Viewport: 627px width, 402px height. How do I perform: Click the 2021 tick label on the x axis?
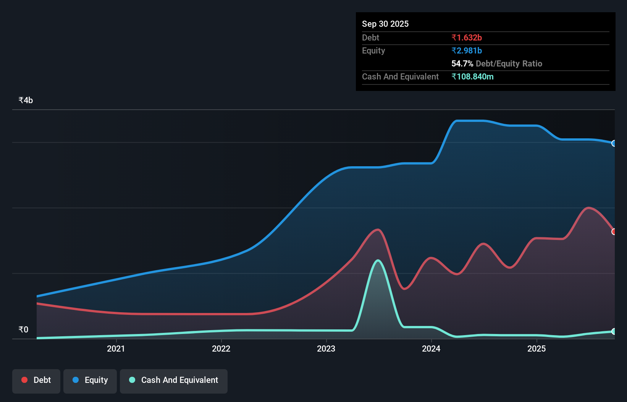pos(116,349)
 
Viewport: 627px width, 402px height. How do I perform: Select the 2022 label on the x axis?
pos(221,349)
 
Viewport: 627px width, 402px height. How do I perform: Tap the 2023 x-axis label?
pos(326,349)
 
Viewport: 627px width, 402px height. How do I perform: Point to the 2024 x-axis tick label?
pos(431,349)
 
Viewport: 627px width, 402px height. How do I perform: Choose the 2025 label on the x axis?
pos(537,349)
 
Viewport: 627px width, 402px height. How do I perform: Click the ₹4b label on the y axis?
pos(26,100)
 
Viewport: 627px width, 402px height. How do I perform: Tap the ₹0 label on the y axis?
pos(23,329)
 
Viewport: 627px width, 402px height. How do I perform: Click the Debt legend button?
pos(36,380)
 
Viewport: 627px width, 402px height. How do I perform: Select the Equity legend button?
pos(90,380)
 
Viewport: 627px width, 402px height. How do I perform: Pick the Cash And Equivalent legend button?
pos(174,380)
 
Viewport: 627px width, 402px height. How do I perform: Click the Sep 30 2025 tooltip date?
pos(385,24)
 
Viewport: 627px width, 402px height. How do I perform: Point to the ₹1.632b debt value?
pos(466,37)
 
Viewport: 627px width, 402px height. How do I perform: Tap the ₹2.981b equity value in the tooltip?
pos(466,50)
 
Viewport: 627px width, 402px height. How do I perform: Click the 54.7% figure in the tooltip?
pos(462,63)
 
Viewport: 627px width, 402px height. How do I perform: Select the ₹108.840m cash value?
pos(472,76)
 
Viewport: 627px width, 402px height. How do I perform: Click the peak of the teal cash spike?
pos(378,261)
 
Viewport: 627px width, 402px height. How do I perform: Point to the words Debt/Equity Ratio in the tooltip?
pos(509,63)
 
